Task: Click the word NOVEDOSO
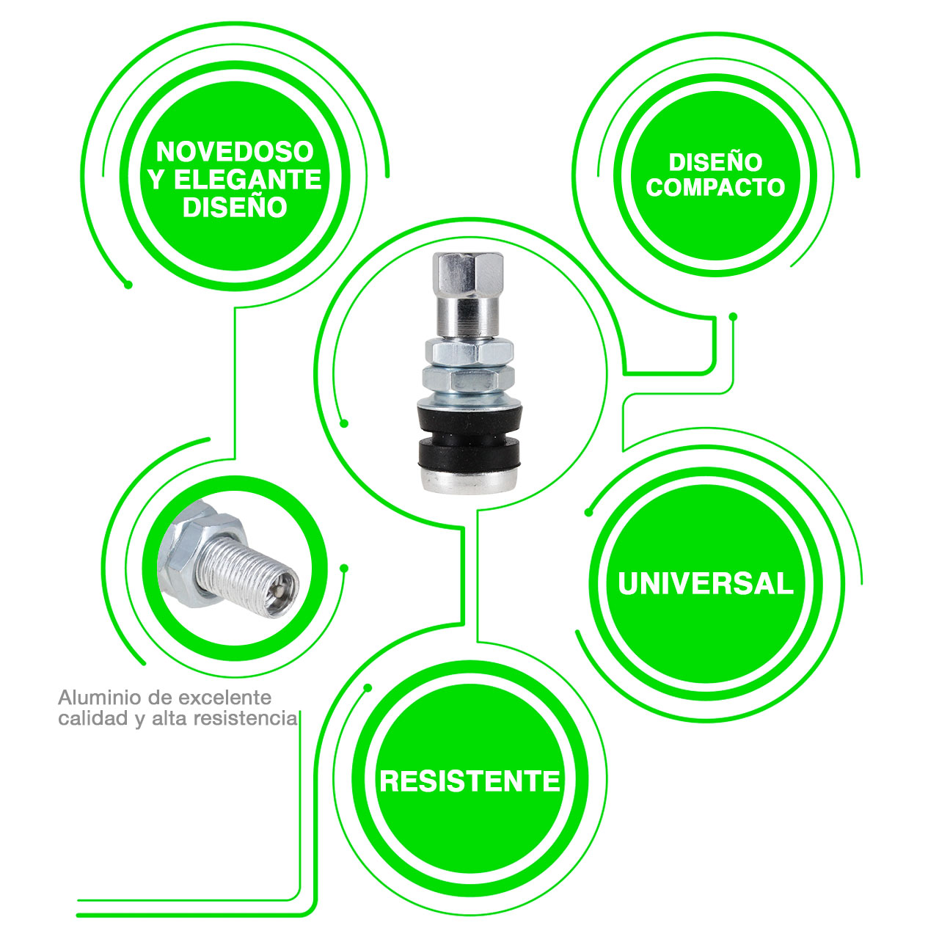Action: pos(235,152)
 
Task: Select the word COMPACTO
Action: pos(715,187)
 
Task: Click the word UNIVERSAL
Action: pos(706,583)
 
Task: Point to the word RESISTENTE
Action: pos(469,781)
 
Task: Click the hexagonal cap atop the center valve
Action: pos(468,274)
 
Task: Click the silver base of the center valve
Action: pos(469,480)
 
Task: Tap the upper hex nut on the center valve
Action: pos(469,351)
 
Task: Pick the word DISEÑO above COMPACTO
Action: pos(715,162)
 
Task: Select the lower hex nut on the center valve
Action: pos(468,379)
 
